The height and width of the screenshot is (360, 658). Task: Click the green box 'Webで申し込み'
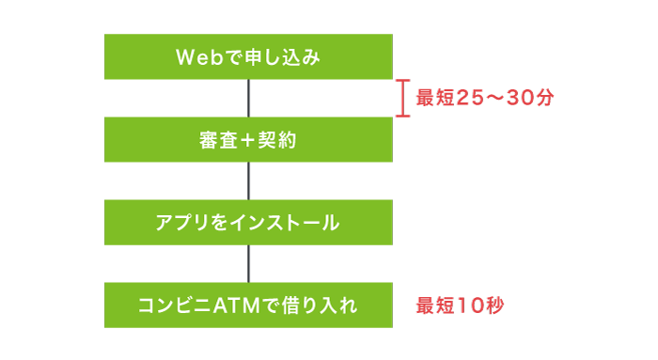click(248, 57)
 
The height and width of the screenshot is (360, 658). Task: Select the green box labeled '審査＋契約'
click(248, 140)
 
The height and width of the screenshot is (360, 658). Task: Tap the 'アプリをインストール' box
click(248, 223)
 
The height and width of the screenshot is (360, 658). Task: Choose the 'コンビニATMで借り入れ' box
click(248, 305)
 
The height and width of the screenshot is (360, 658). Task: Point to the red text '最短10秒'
click(461, 305)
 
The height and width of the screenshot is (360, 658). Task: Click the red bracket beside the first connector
click(402, 99)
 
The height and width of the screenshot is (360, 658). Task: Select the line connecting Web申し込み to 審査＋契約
click(248, 99)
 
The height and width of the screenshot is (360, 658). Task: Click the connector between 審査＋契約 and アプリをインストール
click(248, 180)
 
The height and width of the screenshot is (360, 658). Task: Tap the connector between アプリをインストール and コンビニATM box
click(248, 263)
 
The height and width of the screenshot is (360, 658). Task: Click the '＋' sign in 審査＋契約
click(248, 140)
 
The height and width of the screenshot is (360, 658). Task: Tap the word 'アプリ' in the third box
click(175, 223)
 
